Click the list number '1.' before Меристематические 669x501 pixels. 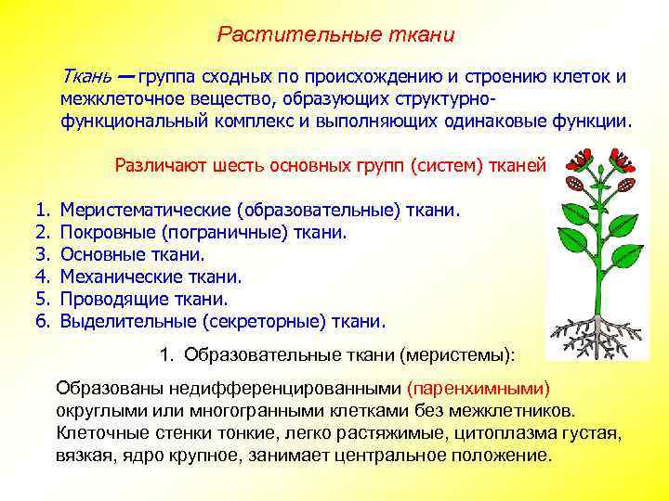pos(41,211)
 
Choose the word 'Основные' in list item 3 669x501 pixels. pos(98,255)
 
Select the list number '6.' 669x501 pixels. pos(41,321)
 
